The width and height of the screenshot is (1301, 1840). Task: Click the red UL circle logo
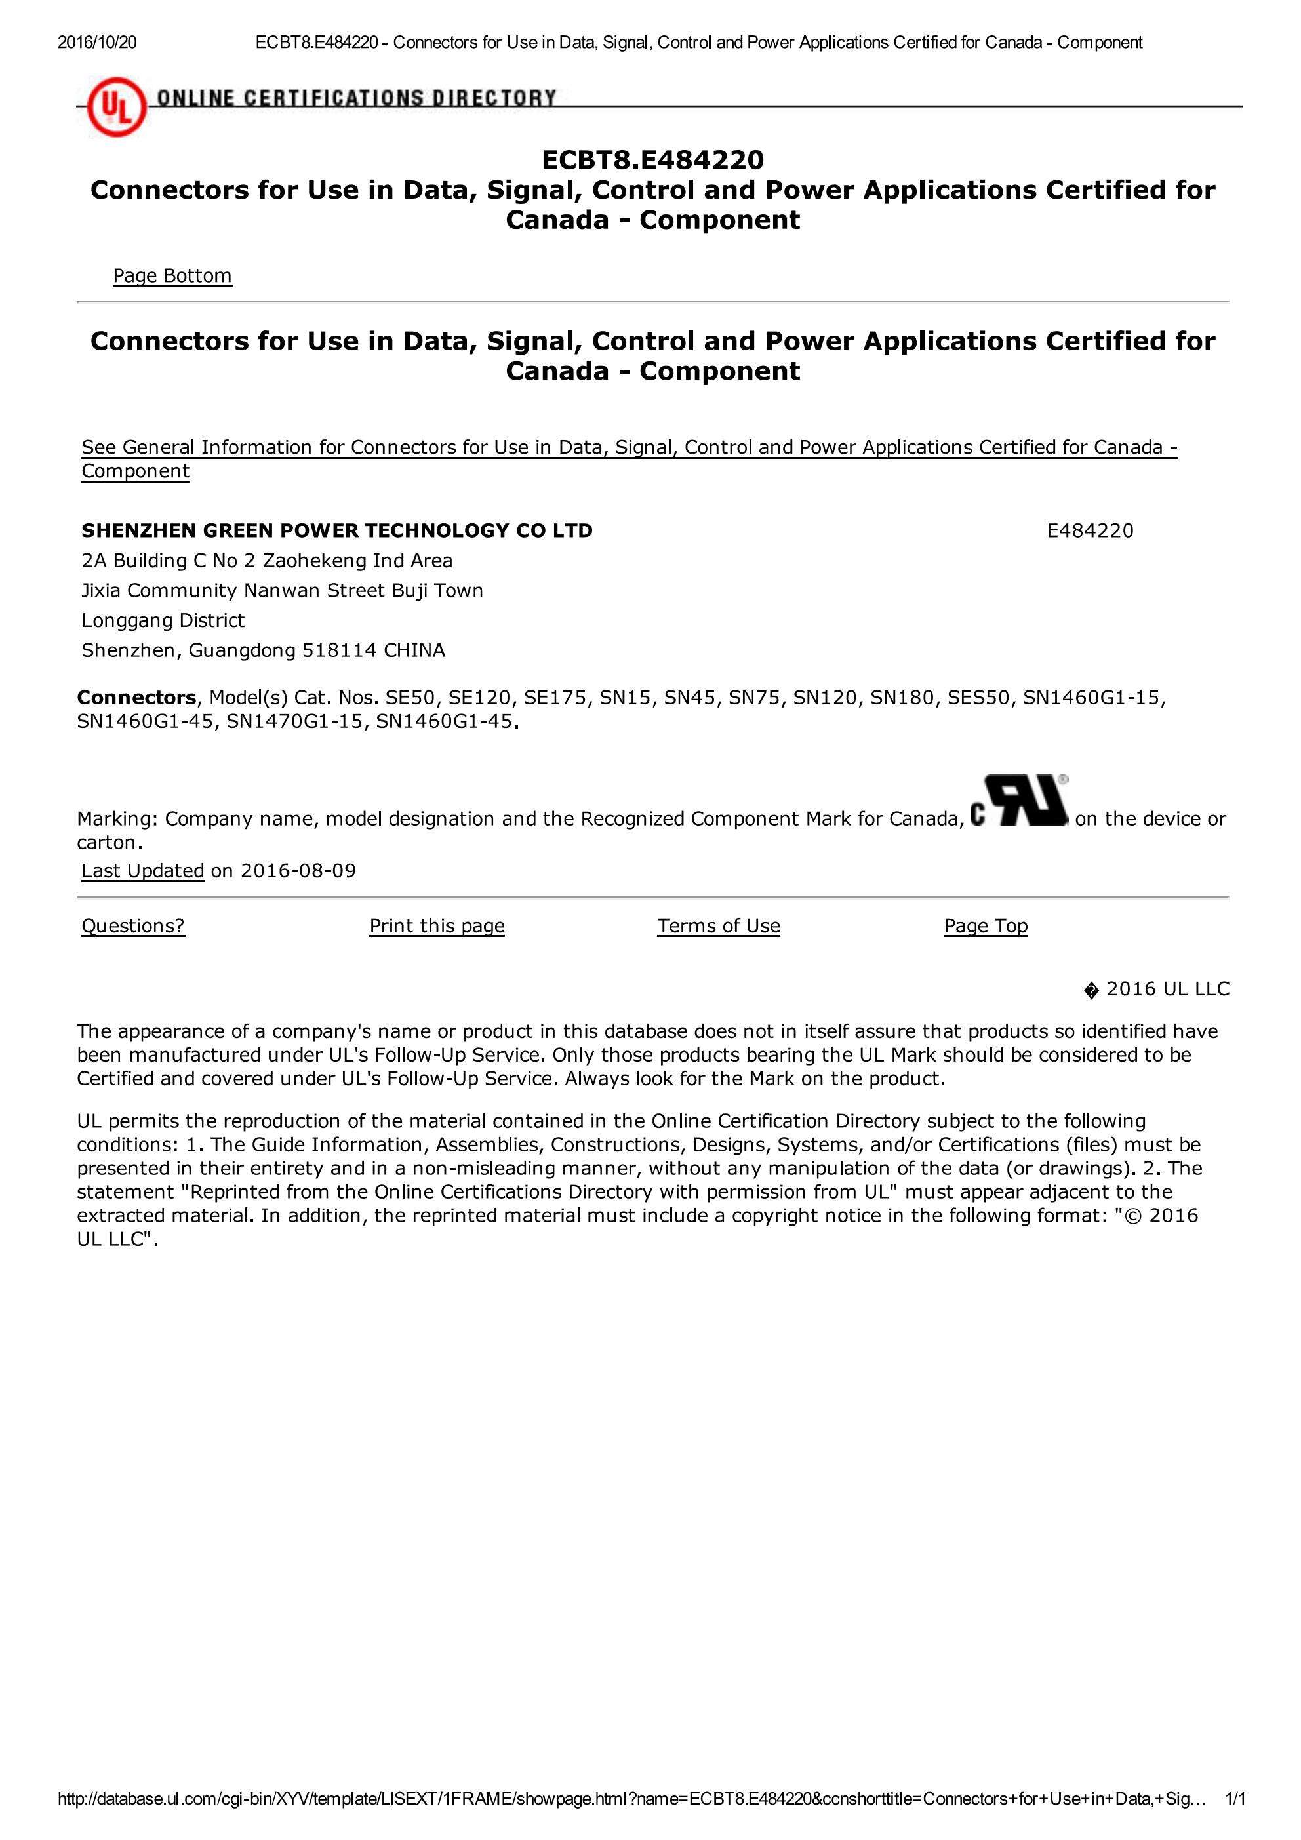(116, 110)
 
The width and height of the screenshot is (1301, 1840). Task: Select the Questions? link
(133, 926)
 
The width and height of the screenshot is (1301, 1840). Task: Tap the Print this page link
(437, 926)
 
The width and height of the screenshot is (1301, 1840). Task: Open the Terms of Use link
(718, 926)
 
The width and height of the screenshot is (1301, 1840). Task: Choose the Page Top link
(985, 926)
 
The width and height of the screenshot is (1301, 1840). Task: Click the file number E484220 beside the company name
(1089, 530)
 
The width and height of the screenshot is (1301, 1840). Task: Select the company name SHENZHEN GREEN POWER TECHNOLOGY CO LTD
(336, 530)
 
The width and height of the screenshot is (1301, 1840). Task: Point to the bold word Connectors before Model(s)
(136, 697)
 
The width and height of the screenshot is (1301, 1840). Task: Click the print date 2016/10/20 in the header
(97, 43)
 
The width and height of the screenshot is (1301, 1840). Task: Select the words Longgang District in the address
(163, 620)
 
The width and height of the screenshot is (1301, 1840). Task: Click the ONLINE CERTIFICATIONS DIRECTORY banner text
(356, 98)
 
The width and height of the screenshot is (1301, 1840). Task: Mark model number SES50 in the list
(978, 697)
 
